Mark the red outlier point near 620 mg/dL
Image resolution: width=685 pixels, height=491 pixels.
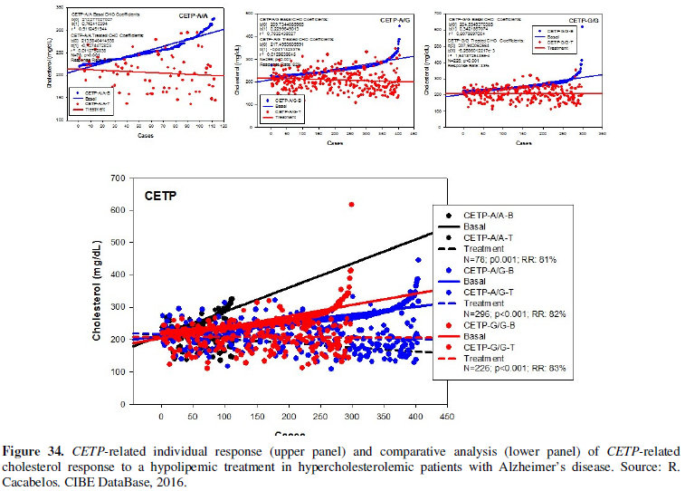tap(351, 204)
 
